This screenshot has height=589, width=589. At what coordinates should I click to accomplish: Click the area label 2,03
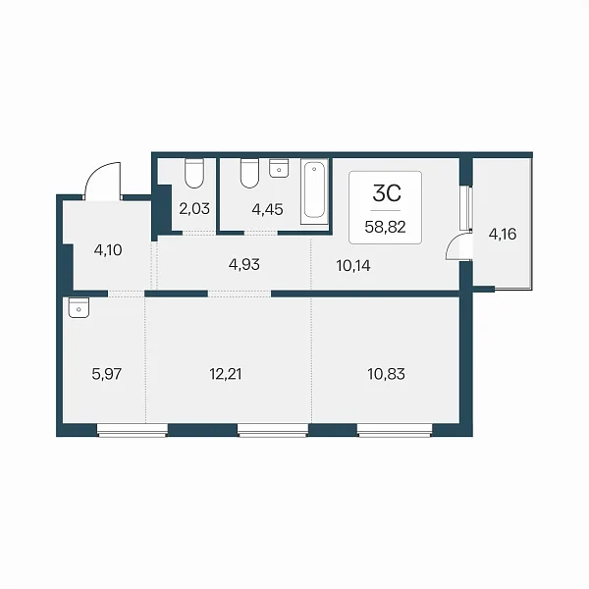tap(194, 208)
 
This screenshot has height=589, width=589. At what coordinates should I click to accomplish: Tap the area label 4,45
tap(267, 209)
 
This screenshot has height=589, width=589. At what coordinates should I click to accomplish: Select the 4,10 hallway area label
tap(108, 249)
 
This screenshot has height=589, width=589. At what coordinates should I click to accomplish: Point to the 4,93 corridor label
tap(244, 264)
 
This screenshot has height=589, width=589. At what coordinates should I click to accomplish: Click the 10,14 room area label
tap(353, 266)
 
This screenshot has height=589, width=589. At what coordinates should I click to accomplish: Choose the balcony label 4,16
tap(503, 234)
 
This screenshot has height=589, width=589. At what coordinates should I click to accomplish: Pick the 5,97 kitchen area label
tap(107, 374)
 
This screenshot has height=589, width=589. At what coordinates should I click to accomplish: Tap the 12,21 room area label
tap(226, 374)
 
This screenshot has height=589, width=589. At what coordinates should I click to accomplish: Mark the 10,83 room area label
tap(386, 374)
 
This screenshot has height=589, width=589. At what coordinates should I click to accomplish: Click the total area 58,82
tap(385, 227)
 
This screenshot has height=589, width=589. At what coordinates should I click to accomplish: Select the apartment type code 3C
tap(387, 193)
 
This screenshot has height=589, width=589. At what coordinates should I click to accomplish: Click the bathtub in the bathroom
tap(314, 191)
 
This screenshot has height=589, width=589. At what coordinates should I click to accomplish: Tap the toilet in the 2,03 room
tap(194, 173)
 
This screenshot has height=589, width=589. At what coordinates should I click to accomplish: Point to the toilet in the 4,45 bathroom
tap(249, 173)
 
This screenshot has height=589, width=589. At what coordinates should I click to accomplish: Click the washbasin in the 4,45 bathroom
tap(279, 168)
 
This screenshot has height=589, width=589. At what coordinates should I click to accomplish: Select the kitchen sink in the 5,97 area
tap(79, 307)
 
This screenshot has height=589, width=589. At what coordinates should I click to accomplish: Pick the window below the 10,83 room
tap(395, 430)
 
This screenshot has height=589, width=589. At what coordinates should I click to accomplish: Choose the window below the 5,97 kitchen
tap(133, 430)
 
